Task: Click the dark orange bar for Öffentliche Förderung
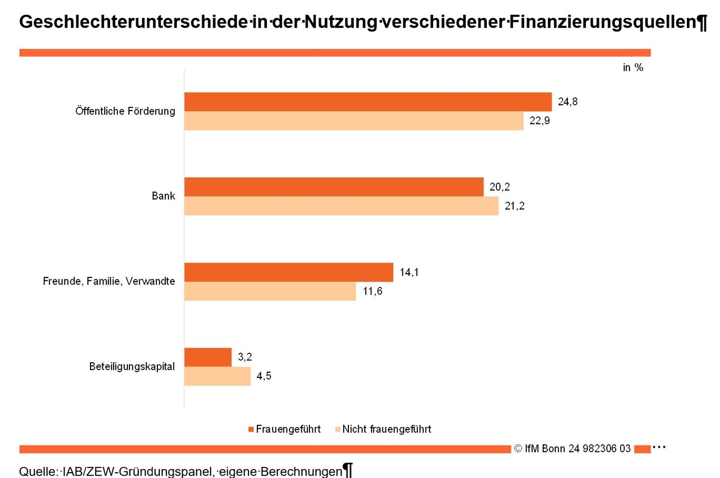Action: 368,102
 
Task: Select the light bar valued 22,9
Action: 354,121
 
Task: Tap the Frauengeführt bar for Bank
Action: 334,187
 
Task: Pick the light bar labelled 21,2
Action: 341,206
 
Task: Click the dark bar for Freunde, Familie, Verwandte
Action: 289,272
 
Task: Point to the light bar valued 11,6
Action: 270,291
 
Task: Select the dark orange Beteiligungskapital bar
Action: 208,357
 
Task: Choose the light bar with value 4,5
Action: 217,376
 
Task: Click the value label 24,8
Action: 567,101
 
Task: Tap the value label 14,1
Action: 409,272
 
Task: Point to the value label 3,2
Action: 245,357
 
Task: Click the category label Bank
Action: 163,196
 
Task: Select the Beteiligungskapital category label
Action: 132,367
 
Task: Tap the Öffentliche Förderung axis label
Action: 125,111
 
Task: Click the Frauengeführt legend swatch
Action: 251,430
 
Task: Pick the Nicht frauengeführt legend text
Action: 386,429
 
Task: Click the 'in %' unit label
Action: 632,68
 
